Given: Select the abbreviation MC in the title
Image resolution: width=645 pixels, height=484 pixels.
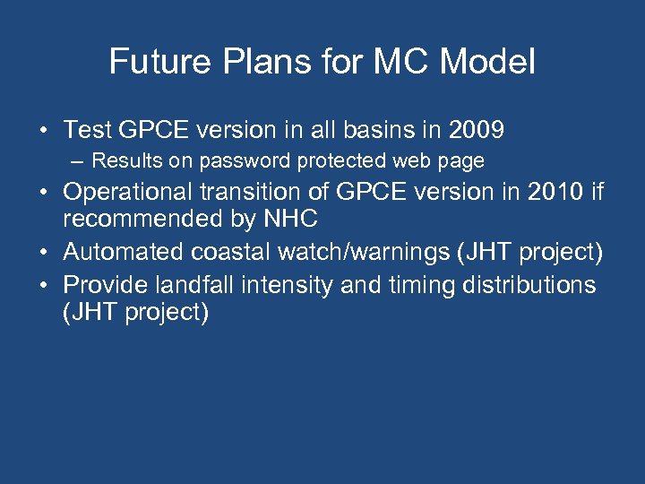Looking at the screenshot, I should click(x=399, y=61).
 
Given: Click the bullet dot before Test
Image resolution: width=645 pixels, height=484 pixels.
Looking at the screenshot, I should click(x=43, y=132).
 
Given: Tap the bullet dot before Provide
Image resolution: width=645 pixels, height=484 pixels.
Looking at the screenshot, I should click(x=43, y=286).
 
